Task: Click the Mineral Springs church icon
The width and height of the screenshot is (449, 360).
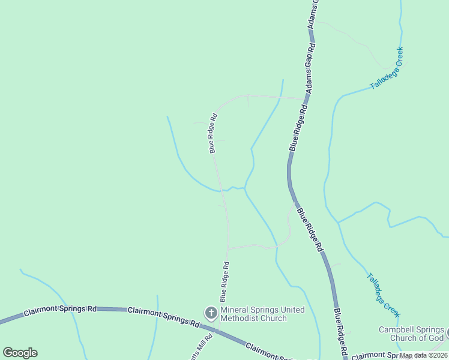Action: click(211, 313)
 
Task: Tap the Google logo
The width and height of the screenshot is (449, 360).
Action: click(20, 353)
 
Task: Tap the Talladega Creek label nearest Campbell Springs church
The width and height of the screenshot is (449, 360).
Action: click(383, 295)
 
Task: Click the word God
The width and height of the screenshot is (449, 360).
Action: click(435, 338)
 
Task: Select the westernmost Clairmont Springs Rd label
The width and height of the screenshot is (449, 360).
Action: click(60, 311)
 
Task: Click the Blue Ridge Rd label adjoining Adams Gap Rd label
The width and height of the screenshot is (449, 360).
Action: click(298, 127)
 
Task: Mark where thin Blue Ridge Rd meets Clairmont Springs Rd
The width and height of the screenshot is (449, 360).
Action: click(217, 330)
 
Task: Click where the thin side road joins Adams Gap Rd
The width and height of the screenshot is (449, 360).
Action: click(306, 98)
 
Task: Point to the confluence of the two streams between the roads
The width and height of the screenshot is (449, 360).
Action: click(244, 188)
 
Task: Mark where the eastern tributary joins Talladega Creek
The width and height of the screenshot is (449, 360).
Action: click(338, 223)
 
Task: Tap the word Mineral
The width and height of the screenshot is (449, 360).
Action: click(235, 310)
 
